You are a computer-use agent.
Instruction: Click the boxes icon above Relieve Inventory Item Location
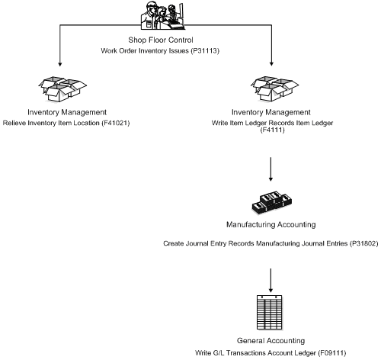(x=59, y=89)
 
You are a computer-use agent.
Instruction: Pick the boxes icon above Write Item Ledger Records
(x=271, y=89)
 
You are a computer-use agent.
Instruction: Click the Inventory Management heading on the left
(x=59, y=112)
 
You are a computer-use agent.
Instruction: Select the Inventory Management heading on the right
(x=272, y=112)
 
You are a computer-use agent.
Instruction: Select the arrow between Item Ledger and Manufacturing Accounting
(x=272, y=166)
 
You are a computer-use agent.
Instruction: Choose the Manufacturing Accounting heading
(x=272, y=226)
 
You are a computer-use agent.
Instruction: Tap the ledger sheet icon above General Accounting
(x=272, y=313)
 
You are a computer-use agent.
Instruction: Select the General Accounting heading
(x=272, y=339)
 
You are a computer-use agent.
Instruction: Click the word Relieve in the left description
(x=15, y=123)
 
